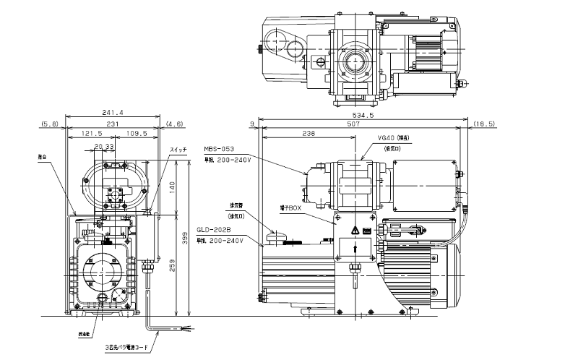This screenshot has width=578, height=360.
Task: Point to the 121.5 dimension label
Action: point(91,134)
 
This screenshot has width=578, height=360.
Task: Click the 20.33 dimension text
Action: point(105,147)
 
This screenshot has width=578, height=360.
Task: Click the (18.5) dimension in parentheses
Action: point(485,124)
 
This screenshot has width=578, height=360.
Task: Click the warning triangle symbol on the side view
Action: point(355,230)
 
